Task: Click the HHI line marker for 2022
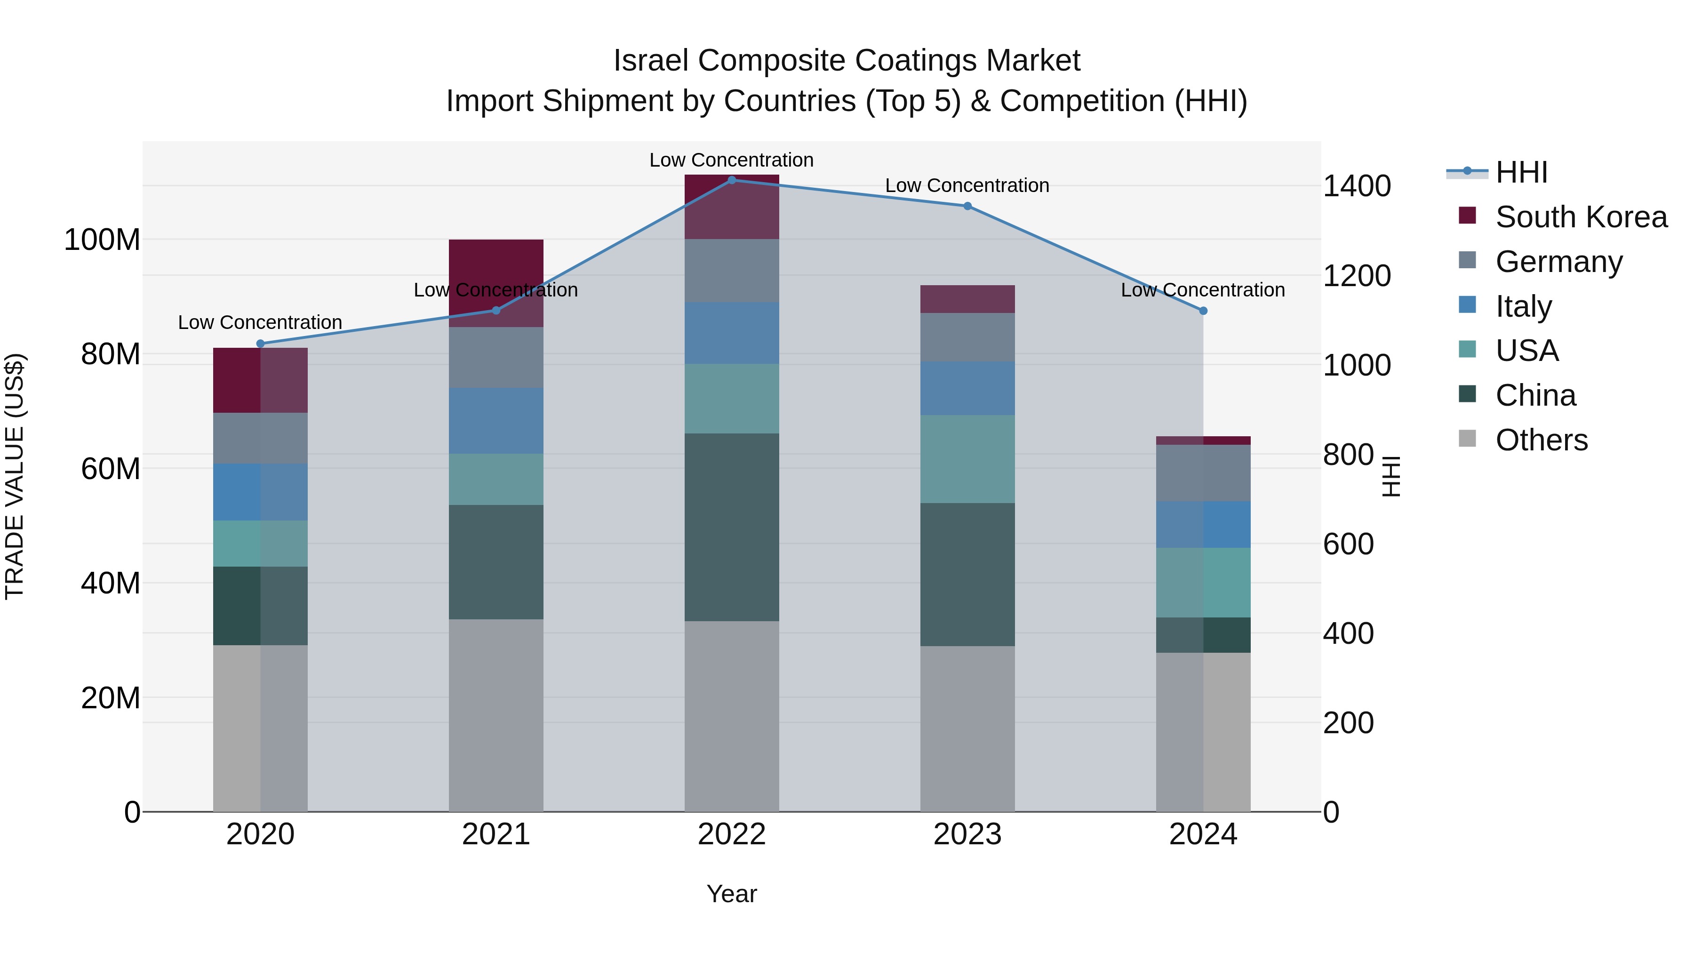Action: click(x=731, y=180)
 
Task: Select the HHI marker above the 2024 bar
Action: click(x=1203, y=311)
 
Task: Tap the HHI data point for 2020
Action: click(x=260, y=344)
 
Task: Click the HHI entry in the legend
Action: click(x=1520, y=172)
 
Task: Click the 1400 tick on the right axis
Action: click(x=1356, y=186)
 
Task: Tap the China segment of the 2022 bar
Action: click(x=731, y=526)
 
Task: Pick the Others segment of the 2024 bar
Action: click(x=1203, y=731)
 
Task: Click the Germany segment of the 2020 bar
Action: click(x=260, y=438)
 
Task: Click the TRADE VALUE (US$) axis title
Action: click(x=15, y=476)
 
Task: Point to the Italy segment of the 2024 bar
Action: click(x=1203, y=524)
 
